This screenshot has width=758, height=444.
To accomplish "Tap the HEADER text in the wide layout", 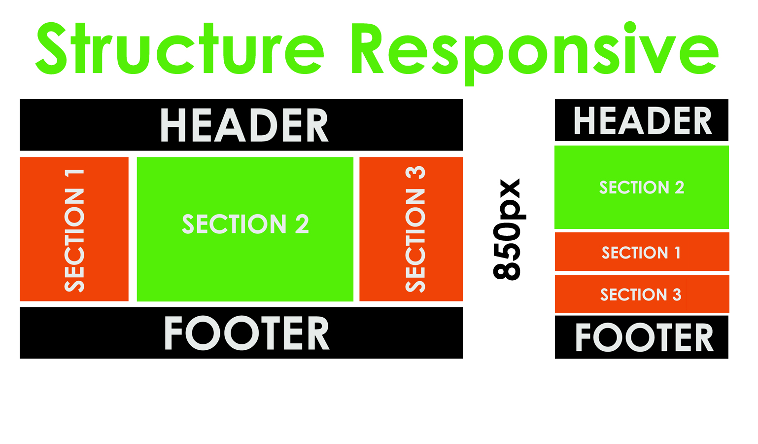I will point(244,126).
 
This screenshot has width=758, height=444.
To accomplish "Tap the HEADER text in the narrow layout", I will point(643,121).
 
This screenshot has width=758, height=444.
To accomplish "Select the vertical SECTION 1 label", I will point(74,230).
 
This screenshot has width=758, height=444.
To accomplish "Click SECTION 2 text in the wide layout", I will point(245,224).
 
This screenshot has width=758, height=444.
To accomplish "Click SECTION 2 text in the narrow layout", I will point(641,187).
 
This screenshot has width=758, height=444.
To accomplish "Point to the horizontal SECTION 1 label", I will point(641,253).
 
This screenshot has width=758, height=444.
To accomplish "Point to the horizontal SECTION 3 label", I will point(640,295).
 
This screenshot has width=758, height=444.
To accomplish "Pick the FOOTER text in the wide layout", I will point(246,334).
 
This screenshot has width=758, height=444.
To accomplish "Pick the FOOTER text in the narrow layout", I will point(644,338).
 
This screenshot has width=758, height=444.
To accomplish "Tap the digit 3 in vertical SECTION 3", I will point(415,173).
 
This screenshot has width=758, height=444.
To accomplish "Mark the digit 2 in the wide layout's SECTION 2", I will point(302,224).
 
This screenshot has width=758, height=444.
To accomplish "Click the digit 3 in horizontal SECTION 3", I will point(677,295).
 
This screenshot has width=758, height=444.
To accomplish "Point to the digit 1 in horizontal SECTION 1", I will point(678,253).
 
